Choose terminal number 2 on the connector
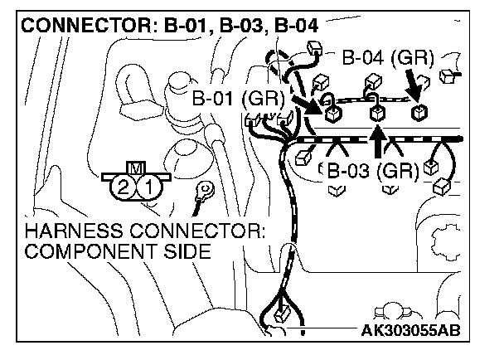124,187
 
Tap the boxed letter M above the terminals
134,168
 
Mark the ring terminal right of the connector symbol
201,194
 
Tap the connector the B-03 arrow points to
377,110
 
